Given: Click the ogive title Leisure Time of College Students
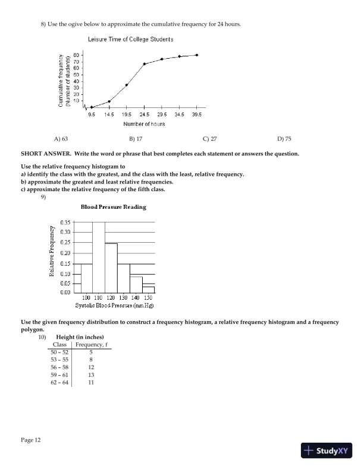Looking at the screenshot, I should (x=130, y=39).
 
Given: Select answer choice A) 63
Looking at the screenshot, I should (x=61, y=139).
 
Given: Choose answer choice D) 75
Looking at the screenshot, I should (x=284, y=139).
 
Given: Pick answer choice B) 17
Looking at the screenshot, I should (x=135, y=139).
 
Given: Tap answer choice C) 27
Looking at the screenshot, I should (x=209, y=139).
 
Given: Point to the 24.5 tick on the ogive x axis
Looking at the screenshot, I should (x=144, y=115).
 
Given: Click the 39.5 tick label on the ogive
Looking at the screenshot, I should (x=197, y=115).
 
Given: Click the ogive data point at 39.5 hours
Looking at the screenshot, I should (x=197, y=55).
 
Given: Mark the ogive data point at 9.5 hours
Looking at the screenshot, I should (x=92, y=107).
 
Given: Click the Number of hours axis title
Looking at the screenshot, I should (x=144, y=124).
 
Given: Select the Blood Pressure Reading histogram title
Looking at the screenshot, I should (x=113, y=207).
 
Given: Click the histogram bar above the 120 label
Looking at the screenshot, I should (x=111, y=268).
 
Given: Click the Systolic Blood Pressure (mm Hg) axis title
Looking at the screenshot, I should (x=115, y=305).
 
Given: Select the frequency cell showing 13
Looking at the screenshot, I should (x=91, y=375).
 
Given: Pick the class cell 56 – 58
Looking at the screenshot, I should (x=59, y=367).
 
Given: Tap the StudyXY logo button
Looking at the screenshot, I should (x=327, y=450).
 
